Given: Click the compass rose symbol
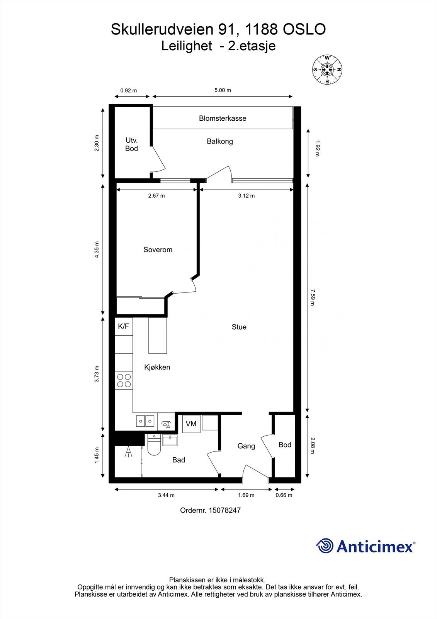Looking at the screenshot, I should coord(327,70).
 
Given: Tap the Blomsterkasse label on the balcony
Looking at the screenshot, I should coord(223,118).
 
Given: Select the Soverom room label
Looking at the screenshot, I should coord(158,250).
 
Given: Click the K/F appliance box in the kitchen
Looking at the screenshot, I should coord(124,327).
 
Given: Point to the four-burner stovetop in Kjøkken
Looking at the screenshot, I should coord(124,380).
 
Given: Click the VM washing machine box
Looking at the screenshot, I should coord(191,424).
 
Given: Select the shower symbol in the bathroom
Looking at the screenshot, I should coord(128,452).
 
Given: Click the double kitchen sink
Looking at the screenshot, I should coord(145,421).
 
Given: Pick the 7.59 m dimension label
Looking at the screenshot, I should coord(313,297).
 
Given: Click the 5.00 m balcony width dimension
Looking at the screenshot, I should coord(223,90).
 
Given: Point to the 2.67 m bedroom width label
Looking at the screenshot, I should coord(156,196).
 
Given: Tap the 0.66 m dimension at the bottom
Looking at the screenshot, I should coord(284,495).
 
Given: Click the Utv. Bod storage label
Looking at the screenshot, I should coord(131,145).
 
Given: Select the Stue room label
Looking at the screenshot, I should coord(239,327).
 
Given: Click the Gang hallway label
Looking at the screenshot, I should coord(246,446).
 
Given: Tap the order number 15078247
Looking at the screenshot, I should coord(224,510).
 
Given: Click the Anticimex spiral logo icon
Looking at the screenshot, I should coord(325,546).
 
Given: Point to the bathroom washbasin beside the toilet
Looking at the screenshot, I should coord(170,440).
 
